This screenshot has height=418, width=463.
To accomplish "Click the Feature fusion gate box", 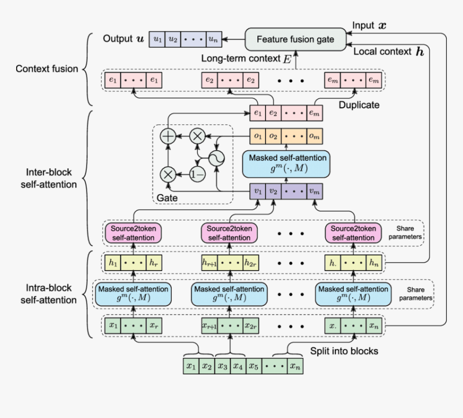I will pos(296,39).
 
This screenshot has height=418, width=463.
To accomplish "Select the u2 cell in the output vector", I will pos(173,39).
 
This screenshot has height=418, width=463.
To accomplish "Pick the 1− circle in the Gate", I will pos(198,174).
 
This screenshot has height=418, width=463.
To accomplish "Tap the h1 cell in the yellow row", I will pos(113,263).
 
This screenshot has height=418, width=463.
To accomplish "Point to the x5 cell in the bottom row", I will pos(254,366).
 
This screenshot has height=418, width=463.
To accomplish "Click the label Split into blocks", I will pos(343,351).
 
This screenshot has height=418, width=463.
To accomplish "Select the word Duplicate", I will pos(359,105).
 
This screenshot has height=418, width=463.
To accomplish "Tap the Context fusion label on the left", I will pos(47,69).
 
